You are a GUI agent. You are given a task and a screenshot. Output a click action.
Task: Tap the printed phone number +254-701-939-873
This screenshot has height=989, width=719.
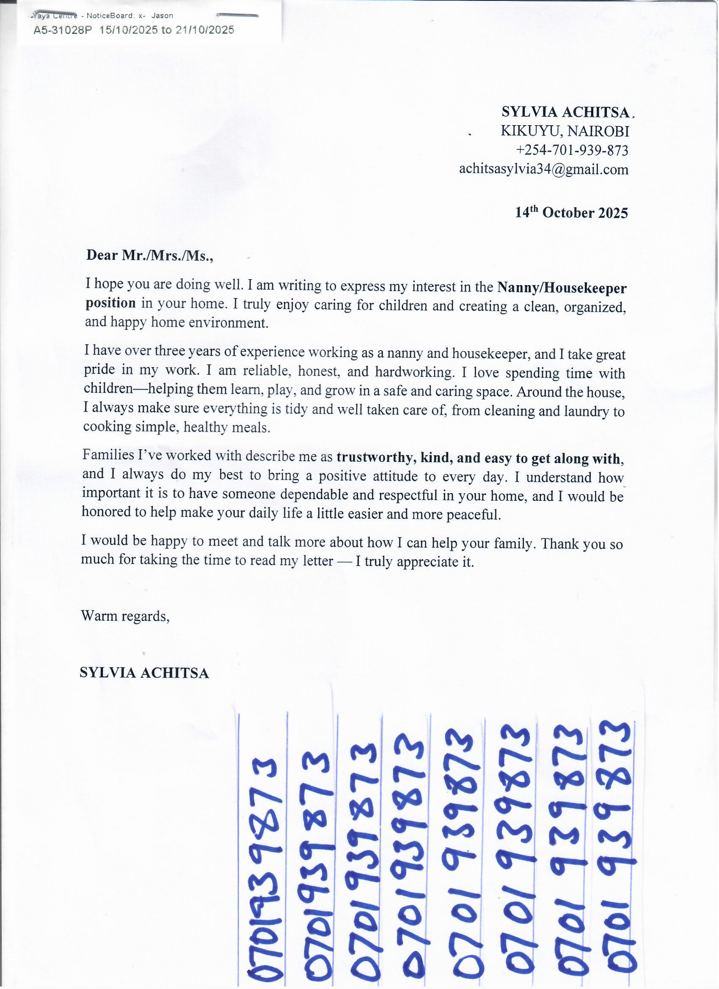coord(572,151)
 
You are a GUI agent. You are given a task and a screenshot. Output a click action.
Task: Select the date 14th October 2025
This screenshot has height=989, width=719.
coord(572,213)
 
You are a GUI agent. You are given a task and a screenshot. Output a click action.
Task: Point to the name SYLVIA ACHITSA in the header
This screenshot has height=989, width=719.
coord(566,112)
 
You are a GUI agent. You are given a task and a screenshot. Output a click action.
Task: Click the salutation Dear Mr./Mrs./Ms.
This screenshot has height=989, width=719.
coord(150,255)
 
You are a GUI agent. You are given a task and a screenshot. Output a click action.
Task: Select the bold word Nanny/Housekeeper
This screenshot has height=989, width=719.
coord(562,288)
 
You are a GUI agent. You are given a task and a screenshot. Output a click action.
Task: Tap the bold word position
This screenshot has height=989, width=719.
coord(110,303)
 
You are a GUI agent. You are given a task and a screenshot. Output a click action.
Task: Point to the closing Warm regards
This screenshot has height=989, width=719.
coord(125,616)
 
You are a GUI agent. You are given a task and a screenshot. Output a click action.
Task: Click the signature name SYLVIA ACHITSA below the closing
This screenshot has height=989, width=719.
coord(144,673)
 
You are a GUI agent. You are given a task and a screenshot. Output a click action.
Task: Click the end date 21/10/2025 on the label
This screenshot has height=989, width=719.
coord(204,30)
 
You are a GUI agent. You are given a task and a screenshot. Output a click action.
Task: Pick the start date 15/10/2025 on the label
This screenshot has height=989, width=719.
coord(129,30)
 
